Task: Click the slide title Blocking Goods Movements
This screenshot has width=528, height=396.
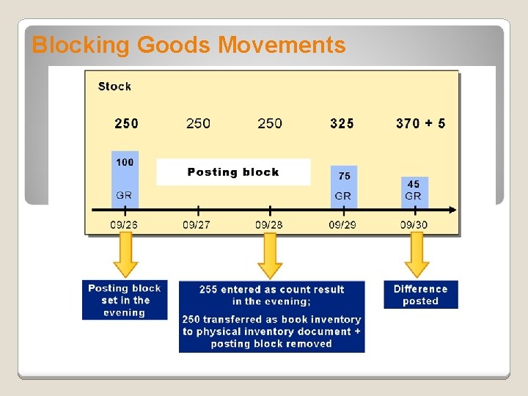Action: [x=188, y=45]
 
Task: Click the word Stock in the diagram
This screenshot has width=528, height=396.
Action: [x=114, y=87]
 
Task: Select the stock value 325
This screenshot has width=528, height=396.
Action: [x=342, y=123]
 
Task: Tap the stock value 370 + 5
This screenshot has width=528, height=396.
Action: [x=420, y=123]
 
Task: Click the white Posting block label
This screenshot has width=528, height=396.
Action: [x=233, y=172]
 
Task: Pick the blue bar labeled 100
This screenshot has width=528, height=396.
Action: [x=125, y=178]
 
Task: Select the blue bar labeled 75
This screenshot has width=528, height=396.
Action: [x=344, y=186]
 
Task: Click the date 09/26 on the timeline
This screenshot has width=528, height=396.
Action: [x=124, y=224]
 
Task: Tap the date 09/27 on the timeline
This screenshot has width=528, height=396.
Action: [x=196, y=224]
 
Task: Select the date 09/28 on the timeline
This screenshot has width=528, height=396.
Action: [x=269, y=224]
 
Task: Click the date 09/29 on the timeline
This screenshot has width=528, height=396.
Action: [x=342, y=224]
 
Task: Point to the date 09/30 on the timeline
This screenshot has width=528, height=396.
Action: [x=414, y=224]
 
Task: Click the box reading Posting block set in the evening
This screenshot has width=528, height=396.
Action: [x=125, y=300]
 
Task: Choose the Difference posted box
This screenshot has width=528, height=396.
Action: [x=420, y=295]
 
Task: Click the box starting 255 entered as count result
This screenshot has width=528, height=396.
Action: [x=271, y=317]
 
